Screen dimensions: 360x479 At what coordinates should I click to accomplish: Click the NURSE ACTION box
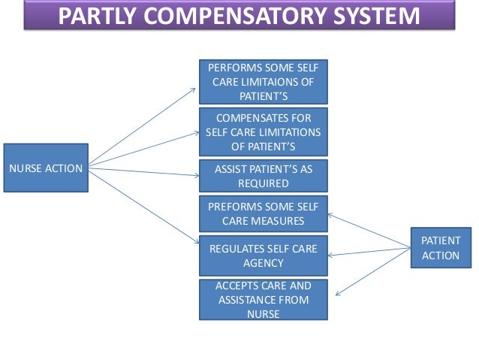click(46, 168)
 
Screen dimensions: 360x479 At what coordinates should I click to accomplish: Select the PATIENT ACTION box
click(441, 248)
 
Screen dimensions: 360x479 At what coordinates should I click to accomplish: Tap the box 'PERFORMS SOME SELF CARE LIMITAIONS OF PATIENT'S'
click(263, 82)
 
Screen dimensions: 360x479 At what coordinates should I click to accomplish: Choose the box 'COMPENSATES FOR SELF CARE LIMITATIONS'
click(263, 132)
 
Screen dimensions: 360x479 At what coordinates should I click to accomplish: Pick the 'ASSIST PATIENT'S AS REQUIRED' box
click(263, 176)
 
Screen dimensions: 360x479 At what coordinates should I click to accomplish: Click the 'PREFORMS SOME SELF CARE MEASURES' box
click(263, 213)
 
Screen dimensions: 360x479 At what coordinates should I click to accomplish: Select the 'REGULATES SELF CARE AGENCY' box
click(263, 256)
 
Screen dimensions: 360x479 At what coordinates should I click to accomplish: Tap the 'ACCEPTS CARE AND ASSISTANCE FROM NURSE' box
click(263, 300)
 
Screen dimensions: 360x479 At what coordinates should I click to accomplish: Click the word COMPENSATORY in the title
click(242, 15)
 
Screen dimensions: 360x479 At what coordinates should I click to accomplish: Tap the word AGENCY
click(263, 263)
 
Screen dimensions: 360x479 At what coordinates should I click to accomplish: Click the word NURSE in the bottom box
click(263, 314)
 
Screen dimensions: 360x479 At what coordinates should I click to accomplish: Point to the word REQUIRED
click(263, 183)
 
